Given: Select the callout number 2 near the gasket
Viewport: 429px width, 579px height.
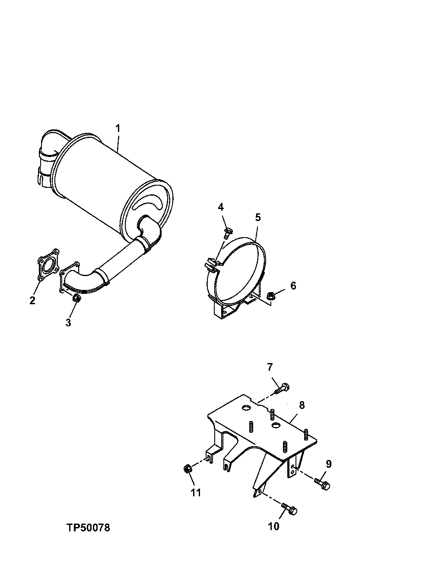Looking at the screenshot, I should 32,300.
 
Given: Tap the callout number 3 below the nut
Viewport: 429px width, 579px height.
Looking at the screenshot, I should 68,322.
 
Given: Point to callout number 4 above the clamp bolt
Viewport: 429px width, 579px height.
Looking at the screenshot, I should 221,207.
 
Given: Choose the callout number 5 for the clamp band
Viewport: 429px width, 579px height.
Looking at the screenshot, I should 257,217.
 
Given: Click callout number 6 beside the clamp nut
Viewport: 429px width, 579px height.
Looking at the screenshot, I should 293,286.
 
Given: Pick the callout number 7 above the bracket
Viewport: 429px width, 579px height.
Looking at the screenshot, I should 270,367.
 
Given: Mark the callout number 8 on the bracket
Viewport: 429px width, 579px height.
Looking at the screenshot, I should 302,405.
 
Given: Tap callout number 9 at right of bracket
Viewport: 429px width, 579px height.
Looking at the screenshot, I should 328,464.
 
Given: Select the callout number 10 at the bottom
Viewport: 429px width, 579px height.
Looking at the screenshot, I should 273,526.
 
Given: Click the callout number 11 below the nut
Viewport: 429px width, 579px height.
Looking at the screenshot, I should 196,492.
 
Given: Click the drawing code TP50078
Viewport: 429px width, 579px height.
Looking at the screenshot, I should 89,528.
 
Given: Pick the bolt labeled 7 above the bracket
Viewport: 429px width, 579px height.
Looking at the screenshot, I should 282,388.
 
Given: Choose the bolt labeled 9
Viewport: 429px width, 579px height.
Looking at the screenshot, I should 323,483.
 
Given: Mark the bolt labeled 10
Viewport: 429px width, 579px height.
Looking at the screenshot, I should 290,509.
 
